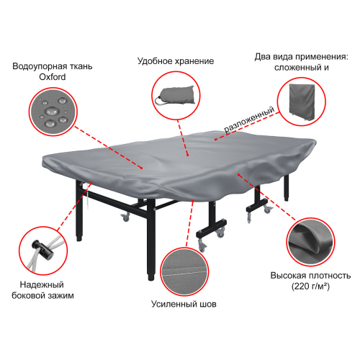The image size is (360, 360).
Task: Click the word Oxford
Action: [53, 77]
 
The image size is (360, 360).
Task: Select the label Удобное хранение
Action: [176, 61]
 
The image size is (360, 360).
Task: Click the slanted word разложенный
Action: [249, 120]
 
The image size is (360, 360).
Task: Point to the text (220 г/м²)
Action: [310, 287]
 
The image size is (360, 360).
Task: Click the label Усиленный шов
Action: [184, 304]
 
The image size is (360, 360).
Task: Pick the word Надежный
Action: [42, 285]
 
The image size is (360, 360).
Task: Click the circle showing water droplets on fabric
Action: [53, 112]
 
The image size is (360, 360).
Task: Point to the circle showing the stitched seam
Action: [184, 271]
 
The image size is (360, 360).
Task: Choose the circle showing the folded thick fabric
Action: [310, 242]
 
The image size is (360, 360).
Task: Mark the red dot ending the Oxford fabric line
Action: [142, 168]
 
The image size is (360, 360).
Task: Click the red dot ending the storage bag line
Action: [188, 156]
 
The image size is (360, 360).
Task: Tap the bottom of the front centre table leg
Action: [151, 279]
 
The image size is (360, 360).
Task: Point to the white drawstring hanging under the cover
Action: [87, 195]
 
